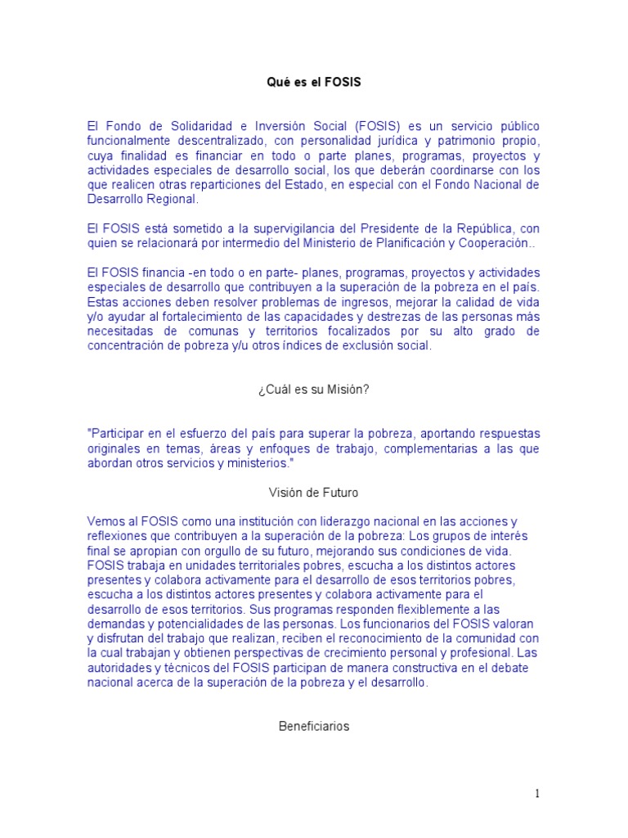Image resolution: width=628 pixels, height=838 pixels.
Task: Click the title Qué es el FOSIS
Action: coord(314,82)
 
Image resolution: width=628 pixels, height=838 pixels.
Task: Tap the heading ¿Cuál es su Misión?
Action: coord(314,390)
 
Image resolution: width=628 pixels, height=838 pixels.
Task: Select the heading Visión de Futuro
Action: coord(314,493)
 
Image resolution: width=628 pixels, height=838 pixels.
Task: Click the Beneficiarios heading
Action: coord(314,726)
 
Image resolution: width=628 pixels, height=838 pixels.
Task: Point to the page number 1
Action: coord(537,793)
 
